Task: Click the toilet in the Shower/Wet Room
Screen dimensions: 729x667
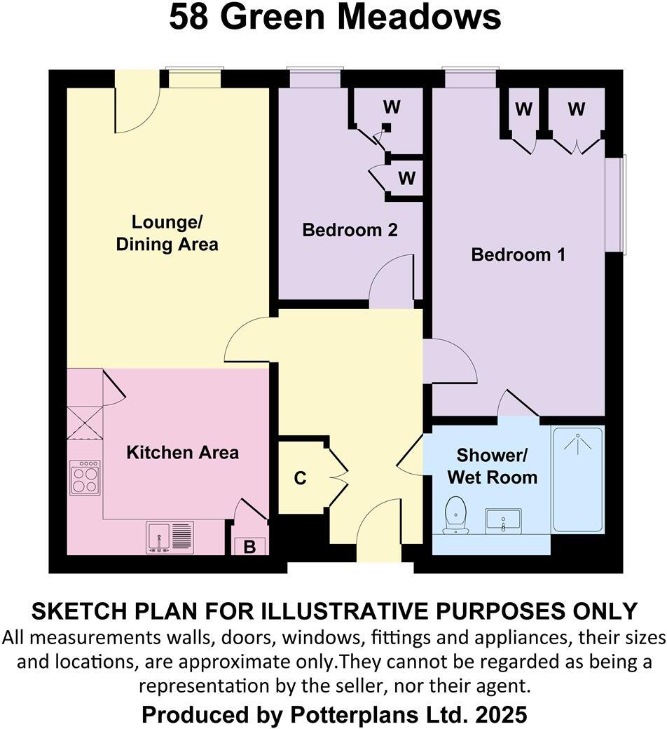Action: [456, 515]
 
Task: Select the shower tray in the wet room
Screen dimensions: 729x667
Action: [578, 479]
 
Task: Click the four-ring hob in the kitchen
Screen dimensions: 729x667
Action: [85, 477]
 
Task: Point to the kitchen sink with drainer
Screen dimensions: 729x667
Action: [170, 538]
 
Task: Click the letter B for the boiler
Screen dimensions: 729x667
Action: [249, 547]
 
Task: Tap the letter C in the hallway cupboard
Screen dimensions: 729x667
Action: [300, 479]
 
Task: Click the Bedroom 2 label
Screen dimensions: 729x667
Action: [350, 230]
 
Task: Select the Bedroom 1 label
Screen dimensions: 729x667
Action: [518, 254]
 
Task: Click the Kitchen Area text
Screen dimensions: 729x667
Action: [182, 452]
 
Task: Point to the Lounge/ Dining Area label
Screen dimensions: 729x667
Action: [167, 233]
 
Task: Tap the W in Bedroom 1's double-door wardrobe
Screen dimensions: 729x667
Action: [576, 109]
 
